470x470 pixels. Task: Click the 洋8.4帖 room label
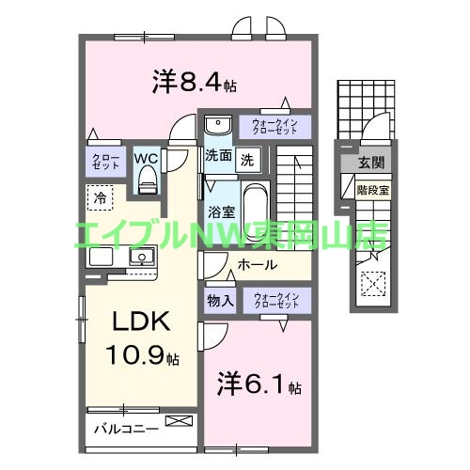193,83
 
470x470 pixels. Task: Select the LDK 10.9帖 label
141,338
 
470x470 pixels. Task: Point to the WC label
147,157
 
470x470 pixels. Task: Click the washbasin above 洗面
217,125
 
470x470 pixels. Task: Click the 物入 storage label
221,301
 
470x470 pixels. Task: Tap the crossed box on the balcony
176,421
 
